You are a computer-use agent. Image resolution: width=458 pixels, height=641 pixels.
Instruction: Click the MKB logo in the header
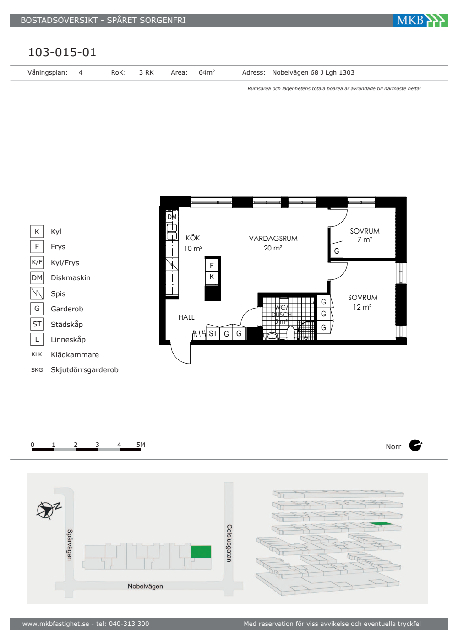coord(420,20)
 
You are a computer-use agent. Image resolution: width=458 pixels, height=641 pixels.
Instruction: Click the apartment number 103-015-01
coord(62,52)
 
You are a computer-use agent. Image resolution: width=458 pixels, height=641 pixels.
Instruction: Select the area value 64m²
coord(207,72)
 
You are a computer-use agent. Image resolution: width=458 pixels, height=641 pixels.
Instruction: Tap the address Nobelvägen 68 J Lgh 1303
coord(313,72)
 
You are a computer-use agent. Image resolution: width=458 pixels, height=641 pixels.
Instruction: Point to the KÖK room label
coord(193,238)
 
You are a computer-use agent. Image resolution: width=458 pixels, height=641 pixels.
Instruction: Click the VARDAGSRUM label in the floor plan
coord(273,239)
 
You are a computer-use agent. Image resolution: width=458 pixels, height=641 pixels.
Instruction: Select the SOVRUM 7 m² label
coord(365,235)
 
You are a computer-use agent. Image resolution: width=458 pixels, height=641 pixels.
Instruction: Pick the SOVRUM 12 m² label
coord(363,302)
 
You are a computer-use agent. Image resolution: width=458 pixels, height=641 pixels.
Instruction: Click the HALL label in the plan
coord(186,317)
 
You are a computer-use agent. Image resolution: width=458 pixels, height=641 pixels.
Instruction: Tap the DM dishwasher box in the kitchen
coord(172,217)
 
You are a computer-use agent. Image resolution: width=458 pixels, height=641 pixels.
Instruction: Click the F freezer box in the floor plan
coord(212,265)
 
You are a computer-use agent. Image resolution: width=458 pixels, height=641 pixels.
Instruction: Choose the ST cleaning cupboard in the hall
coord(213,333)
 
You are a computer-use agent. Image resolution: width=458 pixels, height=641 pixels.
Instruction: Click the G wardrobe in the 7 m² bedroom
coord(337,251)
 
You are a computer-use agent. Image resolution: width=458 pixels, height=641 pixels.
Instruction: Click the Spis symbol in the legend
coord(37,293)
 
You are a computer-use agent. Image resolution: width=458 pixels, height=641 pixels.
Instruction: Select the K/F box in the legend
coord(37,262)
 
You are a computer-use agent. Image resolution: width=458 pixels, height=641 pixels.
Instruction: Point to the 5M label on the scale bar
coord(141,445)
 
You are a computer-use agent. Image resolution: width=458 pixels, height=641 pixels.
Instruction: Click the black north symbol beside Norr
coord(415,445)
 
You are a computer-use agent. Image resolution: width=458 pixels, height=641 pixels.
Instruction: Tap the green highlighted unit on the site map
coord(201,551)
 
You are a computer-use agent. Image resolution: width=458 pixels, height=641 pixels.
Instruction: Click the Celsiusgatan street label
coord(229,543)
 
